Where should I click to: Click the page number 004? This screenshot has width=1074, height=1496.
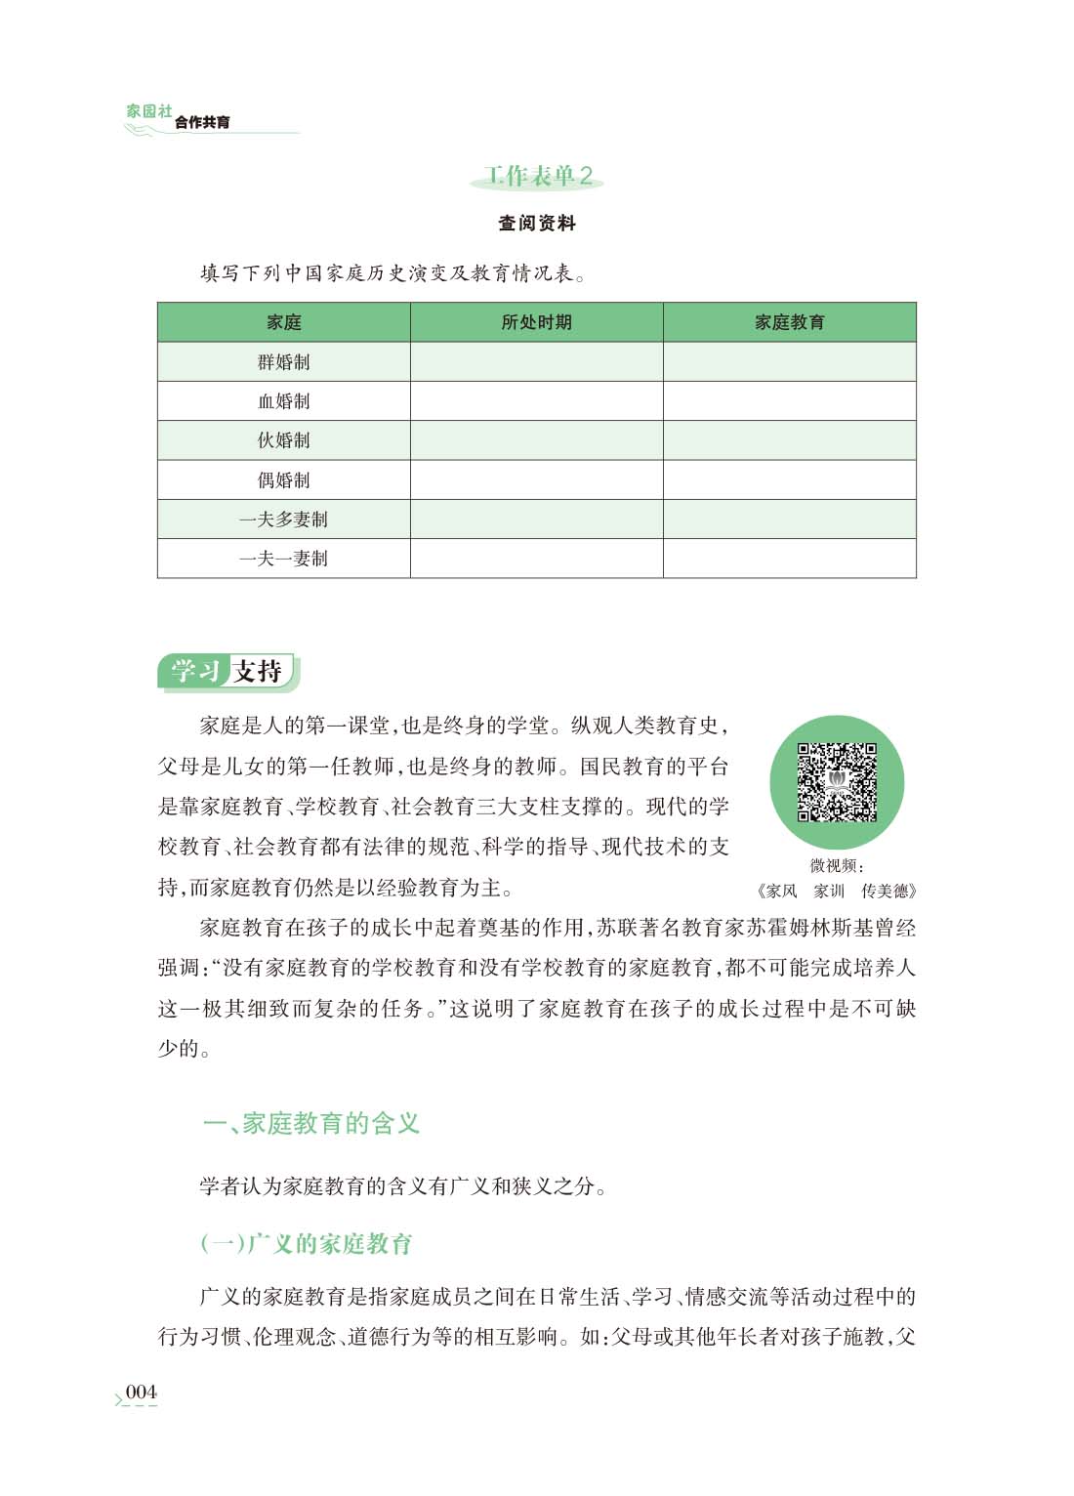[141, 1392]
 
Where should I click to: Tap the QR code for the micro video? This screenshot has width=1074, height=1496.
[837, 782]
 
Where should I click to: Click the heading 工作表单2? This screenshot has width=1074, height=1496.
[538, 176]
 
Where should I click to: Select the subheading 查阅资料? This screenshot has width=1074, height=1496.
[537, 224]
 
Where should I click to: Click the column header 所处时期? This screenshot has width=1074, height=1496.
[536, 322]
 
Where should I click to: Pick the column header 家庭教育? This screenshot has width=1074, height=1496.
[789, 322]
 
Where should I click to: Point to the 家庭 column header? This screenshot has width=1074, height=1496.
[284, 322]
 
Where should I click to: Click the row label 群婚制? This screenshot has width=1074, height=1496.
[284, 362]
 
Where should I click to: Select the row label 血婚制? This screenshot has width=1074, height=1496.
[284, 401]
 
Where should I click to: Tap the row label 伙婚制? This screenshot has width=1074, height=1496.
[284, 440]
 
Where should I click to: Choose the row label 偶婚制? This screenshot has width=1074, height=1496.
[284, 480]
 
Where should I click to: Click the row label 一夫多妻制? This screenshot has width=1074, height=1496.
[284, 519]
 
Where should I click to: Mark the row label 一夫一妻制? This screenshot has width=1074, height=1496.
[284, 559]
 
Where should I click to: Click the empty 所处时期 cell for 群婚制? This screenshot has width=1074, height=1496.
[536, 362]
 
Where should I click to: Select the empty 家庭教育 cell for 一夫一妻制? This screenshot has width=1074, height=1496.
[789, 559]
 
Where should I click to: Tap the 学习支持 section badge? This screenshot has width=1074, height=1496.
[227, 672]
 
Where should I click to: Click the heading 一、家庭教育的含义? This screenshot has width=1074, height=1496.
[311, 1123]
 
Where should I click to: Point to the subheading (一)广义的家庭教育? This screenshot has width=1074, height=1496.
[307, 1243]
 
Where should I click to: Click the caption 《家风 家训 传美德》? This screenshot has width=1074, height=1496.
[837, 891]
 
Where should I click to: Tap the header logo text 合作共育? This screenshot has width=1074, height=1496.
[203, 122]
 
